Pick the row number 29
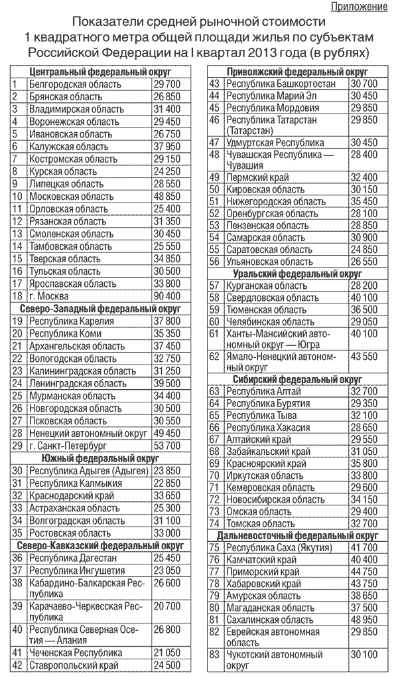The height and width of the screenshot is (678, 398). coord(18,446)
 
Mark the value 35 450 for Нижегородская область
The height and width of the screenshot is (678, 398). coord(363,201)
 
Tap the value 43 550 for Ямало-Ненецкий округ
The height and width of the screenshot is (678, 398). coord(363,357)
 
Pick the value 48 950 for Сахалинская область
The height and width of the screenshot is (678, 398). coord(363,620)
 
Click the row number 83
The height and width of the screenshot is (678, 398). coord(214,655)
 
